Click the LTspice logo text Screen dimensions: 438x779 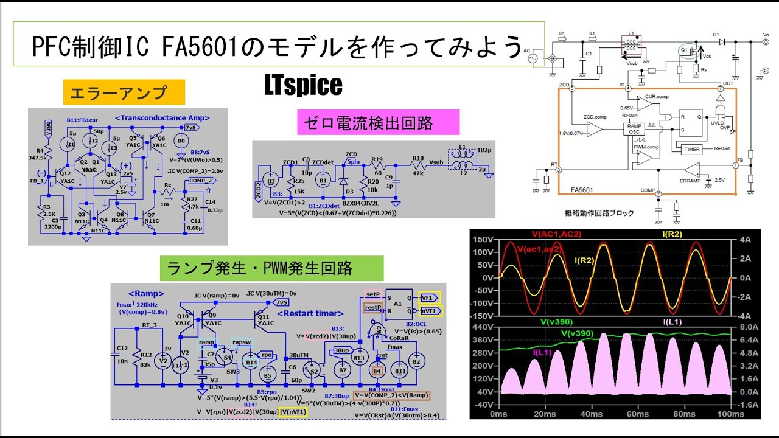(303, 86)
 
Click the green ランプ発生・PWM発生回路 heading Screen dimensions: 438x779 (271, 268)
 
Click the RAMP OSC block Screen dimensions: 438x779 (634, 130)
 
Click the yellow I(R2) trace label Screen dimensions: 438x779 (584, 260)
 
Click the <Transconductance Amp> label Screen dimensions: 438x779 (162, 118)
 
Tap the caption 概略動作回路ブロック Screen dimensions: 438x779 (599, 213)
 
